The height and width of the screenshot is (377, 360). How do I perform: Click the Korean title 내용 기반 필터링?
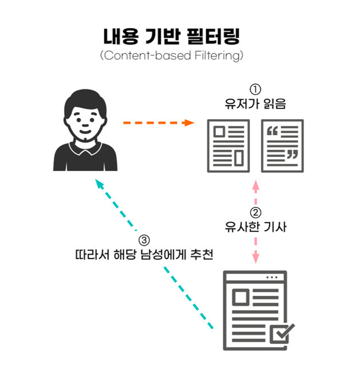[171, 36]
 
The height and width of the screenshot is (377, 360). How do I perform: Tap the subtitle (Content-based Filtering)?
[171, 56]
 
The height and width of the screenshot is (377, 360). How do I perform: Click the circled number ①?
[256, 89]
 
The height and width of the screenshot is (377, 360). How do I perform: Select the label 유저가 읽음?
[256, 104]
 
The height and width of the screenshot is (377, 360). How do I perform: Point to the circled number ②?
[256, 213]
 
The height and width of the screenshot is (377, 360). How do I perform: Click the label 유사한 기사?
[256, 227]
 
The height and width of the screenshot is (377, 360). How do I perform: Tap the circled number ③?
[144, 240]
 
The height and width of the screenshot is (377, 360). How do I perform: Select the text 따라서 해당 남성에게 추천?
[144, 254]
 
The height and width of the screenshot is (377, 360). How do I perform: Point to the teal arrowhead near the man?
[99, 184]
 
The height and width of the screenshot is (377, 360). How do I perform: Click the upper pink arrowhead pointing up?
[256, 186]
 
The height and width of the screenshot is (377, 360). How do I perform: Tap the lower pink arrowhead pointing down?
[256, 257]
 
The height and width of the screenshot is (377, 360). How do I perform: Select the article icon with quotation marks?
[282, 146]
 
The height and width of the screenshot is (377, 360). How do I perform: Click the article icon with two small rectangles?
[228, 146]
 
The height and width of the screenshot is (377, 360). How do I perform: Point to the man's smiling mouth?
[86, 132]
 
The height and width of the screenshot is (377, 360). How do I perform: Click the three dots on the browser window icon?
[272, 277]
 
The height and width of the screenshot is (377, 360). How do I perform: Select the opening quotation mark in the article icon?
[272, 131]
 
